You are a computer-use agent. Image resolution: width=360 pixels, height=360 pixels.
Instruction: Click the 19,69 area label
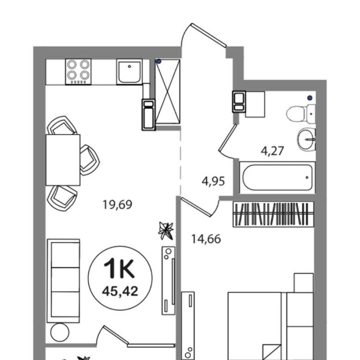coord(117,205)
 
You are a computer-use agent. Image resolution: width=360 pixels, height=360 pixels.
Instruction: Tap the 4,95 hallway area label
coord(213,181)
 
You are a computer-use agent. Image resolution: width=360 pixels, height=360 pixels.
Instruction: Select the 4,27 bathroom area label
coord(272,151)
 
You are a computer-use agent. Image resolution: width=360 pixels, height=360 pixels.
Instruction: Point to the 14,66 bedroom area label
coord(206,239)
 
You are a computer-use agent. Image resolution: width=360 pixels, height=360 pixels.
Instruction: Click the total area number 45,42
coord(120,291)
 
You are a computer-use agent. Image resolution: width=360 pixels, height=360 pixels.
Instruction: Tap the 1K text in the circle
coord(119,268)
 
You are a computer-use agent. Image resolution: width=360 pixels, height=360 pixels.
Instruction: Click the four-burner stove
coord(78,72)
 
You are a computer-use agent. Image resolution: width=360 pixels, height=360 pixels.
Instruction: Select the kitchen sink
coord(129,72)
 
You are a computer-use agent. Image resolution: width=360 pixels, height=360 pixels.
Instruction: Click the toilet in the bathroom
coord(301,114)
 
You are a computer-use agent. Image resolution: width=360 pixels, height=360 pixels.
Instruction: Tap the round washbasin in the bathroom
coord(306,139)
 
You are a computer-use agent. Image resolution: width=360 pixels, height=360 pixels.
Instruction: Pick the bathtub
coord(277,177)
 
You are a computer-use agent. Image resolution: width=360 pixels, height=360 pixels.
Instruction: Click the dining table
coord(63,160)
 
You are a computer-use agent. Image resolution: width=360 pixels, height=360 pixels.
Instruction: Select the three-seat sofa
coord(63,281)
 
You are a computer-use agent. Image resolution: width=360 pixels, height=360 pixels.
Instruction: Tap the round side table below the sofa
coord(60,332)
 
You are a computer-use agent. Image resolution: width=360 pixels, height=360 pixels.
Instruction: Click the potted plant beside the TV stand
coord(166,231)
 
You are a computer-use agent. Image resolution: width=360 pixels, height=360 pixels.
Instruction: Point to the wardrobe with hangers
coord(273,214)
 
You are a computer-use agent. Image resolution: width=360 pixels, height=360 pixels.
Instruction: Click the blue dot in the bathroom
coord(310,98)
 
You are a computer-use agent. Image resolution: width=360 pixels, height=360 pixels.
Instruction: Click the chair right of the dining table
coord(90,160)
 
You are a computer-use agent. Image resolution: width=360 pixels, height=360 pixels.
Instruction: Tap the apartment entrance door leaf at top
coord(209,35)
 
